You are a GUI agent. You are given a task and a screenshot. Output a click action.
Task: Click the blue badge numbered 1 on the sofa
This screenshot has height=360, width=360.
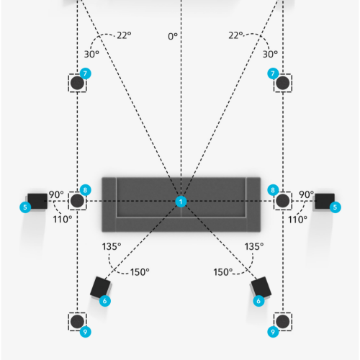(181, 202)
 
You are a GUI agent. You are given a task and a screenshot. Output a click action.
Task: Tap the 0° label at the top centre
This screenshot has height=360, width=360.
(173, 37)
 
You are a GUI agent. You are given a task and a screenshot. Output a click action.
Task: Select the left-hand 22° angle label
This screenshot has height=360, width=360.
(124, 35)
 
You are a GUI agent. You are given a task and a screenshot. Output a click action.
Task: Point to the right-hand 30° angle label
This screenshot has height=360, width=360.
(270, 54)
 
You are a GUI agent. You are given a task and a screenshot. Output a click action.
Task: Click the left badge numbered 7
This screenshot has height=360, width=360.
(85, 73)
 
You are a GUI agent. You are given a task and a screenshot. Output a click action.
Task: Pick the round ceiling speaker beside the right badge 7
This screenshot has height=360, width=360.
(283, 83)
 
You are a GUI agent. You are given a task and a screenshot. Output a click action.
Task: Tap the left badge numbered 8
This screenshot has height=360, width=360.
(85, 190)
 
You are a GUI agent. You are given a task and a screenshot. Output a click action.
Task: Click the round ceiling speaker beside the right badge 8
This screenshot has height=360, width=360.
(283, 201)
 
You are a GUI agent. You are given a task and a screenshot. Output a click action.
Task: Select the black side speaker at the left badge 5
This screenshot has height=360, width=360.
(37, 201)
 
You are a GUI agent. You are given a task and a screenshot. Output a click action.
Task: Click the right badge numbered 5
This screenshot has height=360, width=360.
(335, 207)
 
